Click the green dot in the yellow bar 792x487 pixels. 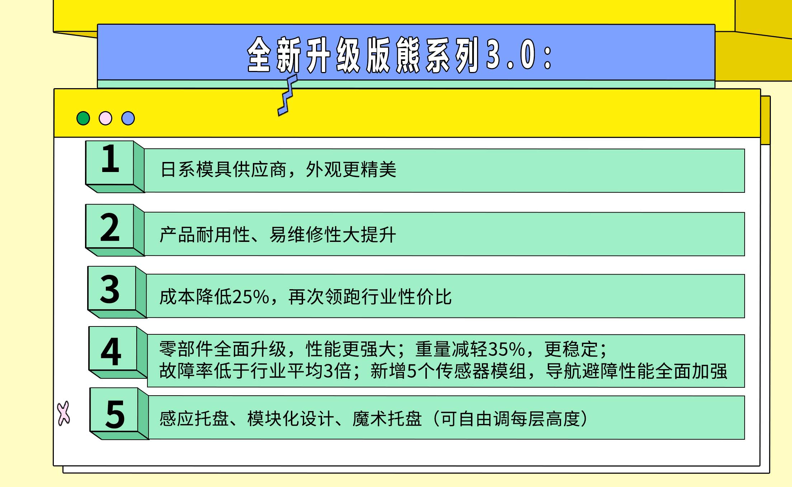point(83,118)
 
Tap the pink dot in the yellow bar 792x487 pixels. point(105,118)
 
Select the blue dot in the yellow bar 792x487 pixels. point(128,118)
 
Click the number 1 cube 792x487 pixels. point(115,167)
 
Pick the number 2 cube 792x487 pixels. point(115,230)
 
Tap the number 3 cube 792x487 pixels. point(117,292)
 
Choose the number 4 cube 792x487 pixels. point(118,352)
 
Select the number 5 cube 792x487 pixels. point(119,414)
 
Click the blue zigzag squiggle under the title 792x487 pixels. point(288,95)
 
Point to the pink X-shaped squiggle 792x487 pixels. point(64,413)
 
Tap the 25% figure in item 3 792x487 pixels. point(250,297)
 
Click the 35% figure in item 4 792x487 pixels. point(507,349)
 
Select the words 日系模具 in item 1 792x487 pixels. point(196,170)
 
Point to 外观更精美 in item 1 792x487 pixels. point(351,170)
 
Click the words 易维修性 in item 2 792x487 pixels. point(305,235)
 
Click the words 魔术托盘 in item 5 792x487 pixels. point(387,419)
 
